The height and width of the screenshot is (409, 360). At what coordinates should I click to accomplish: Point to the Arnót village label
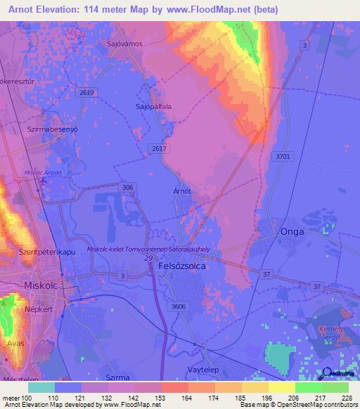point(182,190)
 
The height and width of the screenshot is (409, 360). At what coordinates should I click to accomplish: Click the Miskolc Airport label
point(43,172)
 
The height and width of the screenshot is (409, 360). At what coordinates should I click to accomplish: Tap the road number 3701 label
point(283,157)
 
